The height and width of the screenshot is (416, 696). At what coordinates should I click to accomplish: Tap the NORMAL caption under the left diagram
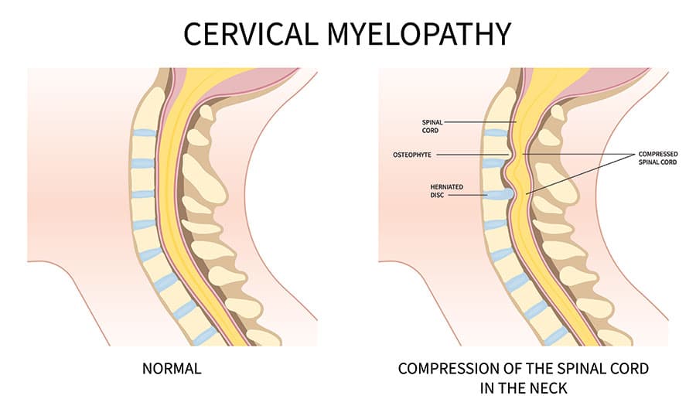pos(172,368)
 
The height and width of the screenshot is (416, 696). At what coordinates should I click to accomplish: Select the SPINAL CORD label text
pos(431,125)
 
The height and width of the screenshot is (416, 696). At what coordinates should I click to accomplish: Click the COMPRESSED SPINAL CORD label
pos(658,159)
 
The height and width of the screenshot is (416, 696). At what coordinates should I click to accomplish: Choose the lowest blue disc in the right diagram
pos(554,335)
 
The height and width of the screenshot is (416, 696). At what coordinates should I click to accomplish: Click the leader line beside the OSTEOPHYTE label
pos(472,155)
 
